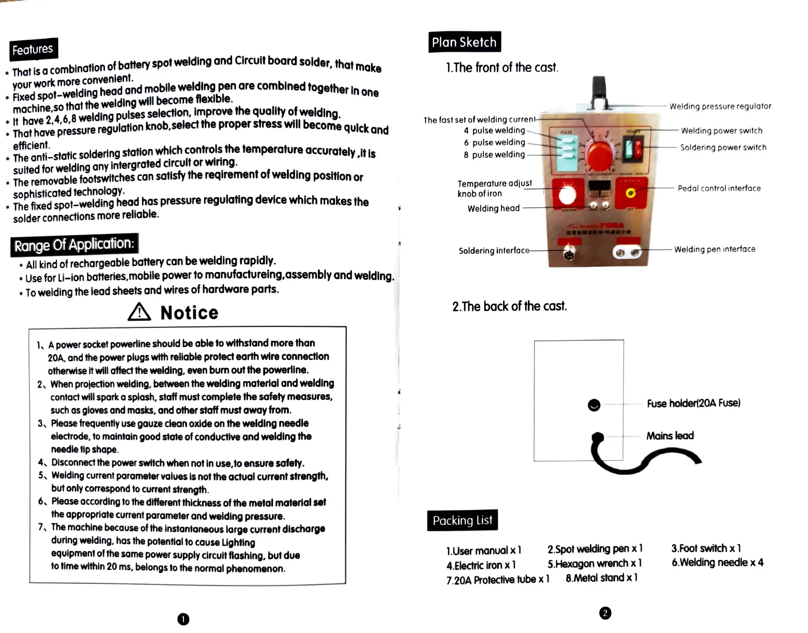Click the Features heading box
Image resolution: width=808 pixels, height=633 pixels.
click(33, 50)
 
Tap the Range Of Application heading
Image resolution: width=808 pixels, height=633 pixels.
click(74, 245)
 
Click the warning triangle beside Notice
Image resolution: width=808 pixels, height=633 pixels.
click(139, 312)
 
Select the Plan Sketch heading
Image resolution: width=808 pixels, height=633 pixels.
click(464, 42)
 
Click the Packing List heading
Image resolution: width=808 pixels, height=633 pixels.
click(462, 520)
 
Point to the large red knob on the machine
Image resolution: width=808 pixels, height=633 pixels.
click(600, 154)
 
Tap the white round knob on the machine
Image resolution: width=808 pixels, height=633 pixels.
click(567, 195)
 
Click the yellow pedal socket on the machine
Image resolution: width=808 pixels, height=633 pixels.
click(631, 193)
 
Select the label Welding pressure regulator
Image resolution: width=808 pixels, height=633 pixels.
click(720, 107)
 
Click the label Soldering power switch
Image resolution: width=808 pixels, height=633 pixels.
click(723, 147)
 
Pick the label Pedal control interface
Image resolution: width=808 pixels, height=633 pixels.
click(719, 188)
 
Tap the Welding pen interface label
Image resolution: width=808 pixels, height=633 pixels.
click(714, 249)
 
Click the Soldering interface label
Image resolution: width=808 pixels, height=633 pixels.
click(494, 251)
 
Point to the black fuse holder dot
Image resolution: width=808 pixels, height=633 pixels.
click(594, 405)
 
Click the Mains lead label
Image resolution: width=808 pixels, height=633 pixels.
click(670, 436)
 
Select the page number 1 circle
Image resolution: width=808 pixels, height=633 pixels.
click(183, 619)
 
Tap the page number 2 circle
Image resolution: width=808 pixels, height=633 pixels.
click(605, 613)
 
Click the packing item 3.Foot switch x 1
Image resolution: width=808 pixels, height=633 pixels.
click(706, 548)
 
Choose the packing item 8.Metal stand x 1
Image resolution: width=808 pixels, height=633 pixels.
click(601, 578)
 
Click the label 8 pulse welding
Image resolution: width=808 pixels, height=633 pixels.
click(494, 155)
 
